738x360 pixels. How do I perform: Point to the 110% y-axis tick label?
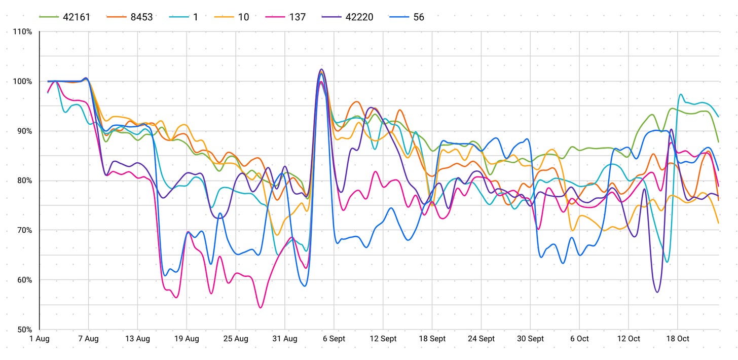(x=22, y=32)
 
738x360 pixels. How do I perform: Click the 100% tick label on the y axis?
(x=22, y=82)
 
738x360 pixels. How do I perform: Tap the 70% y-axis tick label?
(x=23, y=231)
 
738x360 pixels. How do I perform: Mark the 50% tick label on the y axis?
(x=23, y=330)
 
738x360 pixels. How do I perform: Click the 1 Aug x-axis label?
(x=40, y=339)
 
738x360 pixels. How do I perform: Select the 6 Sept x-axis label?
(x=334, y=339)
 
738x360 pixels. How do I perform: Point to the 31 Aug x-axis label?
(x=284, y=339)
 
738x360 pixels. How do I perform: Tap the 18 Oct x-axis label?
(x=677, y=339)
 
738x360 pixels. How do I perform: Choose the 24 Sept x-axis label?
(x=481, y=339)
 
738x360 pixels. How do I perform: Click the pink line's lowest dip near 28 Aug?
(x=261, y=307)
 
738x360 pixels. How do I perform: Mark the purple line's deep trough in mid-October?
(x=657, y=292)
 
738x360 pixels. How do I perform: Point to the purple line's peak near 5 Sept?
(x=321, y=69)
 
